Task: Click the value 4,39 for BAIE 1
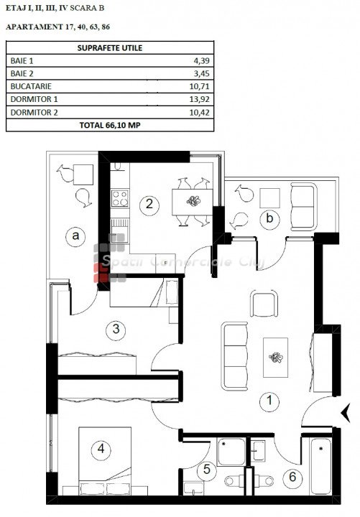click(x=201, y=60)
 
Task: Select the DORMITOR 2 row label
click(x=34, y=113)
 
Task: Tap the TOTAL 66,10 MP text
click(x=110, y=125)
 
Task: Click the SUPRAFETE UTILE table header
click(x=110, y=48)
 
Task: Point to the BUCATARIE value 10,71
click(x=199, y=86)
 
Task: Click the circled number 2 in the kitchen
click(x=149, y=205)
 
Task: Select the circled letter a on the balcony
click(x=76, y=236)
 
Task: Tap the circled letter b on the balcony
click(x=269, y=219)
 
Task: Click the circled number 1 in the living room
click(x=269, y=401)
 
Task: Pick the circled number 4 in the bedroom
click(x=101, y=449)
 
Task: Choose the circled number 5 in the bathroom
click(x=206, y=469)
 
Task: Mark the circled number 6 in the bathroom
click(x=292, y=477)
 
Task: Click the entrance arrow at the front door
click(x=346, y=413)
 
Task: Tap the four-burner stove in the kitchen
click(x=120, y=198)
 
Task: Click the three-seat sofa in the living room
click(x=234, y=356)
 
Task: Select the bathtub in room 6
click(x=320, y=466)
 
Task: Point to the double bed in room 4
click(x=105, y=461)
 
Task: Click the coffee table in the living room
click(x=275, y=358)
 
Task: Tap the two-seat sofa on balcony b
click(x=303, y=207)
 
